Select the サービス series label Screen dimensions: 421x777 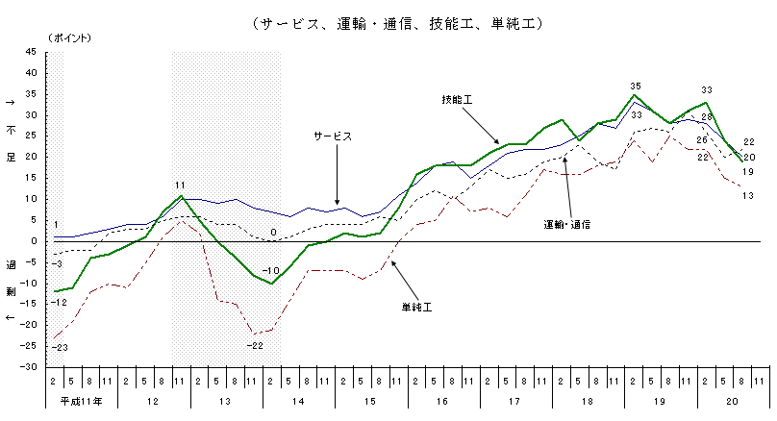(x=332, y=136)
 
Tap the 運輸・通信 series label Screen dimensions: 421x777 (x=567, y=223)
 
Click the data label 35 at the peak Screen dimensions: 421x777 (x=635, y=87)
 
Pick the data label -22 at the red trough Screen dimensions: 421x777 (x=255, y=345)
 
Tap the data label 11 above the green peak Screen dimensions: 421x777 (x=180, y=185)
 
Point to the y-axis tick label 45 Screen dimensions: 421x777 (x=32, y=73)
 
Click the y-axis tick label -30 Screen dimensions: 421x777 (x=30, y=367)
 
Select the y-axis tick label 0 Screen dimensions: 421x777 (x=35, y=241)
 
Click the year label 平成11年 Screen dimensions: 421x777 (x=81, y=400)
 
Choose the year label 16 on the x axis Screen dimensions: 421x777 (x=441, y=400)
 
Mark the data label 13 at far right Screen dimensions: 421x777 (x=748, y=196)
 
